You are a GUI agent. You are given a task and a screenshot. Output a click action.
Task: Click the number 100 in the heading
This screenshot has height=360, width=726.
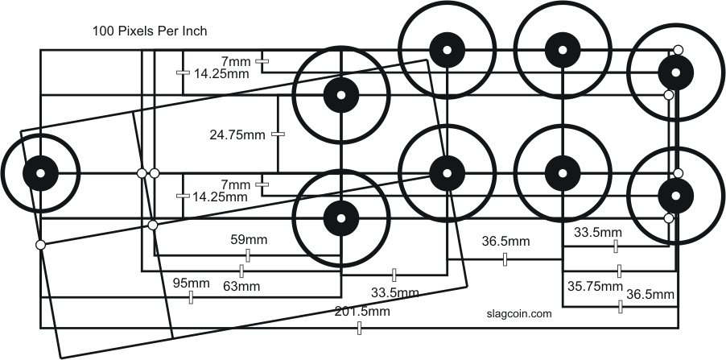[x=105, y=32]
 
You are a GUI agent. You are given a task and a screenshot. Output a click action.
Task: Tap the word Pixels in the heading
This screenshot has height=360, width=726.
[x=137, y=32]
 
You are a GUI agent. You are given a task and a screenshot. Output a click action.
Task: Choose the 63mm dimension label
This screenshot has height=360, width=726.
[x=241, y=285]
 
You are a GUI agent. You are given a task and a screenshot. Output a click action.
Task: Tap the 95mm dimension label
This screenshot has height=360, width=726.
[x=191, y=283]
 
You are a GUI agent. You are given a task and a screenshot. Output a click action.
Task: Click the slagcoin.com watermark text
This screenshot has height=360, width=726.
[x=519, y=315]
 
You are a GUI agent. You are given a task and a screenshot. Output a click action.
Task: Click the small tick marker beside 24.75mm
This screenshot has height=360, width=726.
[x=278, y=134]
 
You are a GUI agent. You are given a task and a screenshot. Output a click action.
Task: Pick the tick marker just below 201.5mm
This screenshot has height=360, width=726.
[x=359, y=328]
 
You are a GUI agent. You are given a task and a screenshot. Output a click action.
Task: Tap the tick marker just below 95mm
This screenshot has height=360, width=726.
[x=191, y=298]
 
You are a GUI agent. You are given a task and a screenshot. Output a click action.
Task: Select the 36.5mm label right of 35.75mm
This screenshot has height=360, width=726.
[x=650, y=294]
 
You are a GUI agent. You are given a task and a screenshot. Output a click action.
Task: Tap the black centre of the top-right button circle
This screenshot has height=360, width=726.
[x=675, y=72]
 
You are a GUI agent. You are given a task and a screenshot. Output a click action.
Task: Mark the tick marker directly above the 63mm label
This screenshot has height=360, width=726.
[x=241, y=271]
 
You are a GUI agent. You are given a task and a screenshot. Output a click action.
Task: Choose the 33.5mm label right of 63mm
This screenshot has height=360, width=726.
[x=394, y=292]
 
